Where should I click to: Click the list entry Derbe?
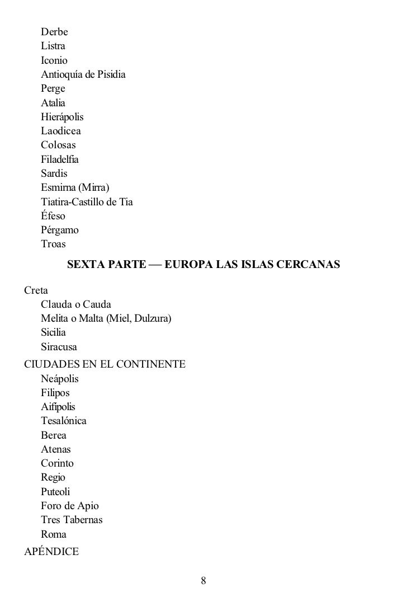click(54, 32)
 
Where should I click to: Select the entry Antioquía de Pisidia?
click(83, 74)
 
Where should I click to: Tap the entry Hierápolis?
click(61, 117)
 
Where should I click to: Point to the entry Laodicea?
click(60, 131)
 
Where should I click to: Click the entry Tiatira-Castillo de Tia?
click(87, 201)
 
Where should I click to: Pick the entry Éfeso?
click(53, 216)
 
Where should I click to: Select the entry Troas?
click(53, 244)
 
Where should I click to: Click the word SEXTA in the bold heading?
click(85, 264)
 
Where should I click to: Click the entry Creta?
click(36, 290)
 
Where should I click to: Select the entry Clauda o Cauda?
click(76, 304)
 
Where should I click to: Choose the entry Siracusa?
click(59, 347)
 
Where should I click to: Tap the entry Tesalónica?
click(63, 421)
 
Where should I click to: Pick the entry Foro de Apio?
click(69, 506)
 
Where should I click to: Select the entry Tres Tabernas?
click(72, 520)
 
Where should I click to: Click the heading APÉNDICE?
click(51, 552)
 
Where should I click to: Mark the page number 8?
click(203, 580)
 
